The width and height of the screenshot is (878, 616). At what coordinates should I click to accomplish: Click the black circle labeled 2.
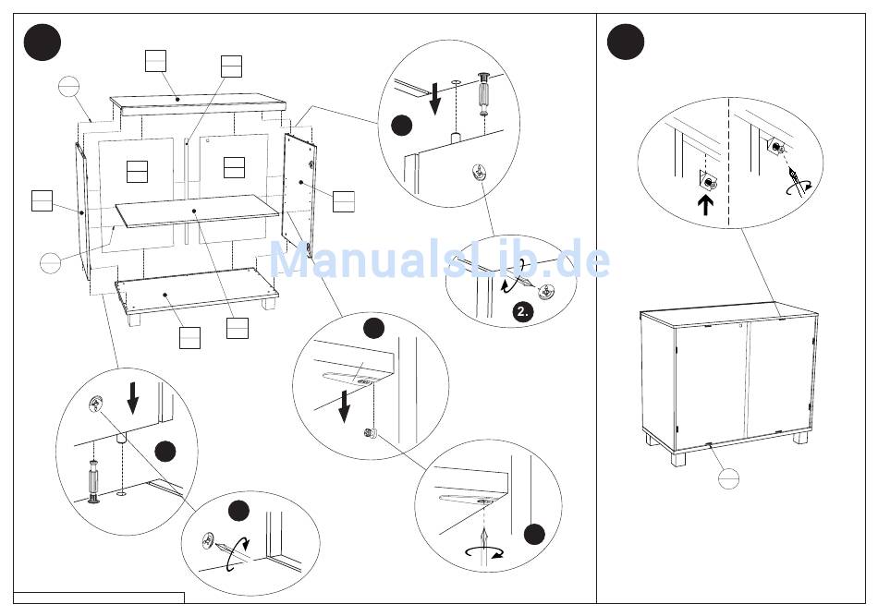click(x=522, y=311)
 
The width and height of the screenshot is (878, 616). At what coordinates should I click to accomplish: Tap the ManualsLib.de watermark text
click(x=440, y=260)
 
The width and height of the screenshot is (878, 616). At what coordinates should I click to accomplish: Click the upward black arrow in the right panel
click(x=705, y=204)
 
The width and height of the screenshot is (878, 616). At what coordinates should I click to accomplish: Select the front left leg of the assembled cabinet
click(x=677, y=458)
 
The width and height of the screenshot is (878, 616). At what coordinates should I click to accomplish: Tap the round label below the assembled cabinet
click(x=728, y=479)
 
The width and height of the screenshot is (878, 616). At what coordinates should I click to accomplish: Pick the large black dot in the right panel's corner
click(x=626, y=42)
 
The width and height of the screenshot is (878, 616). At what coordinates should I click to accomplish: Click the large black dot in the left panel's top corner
click(x=42, y=42)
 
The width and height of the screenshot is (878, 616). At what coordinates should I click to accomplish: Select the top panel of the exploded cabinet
click(x=198, y=104)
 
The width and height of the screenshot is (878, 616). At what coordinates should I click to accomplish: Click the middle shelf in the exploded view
click(x=197, y=211)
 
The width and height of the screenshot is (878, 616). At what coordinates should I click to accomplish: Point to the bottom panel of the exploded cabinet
click(x=196, y=290)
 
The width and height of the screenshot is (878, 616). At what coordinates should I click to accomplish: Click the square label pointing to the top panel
click(x=155, y=60)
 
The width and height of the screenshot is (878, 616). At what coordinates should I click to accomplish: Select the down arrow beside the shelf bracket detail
click(x=345, y=405)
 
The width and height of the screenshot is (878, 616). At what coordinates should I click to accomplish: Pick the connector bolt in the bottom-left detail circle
click(x=94, y=481)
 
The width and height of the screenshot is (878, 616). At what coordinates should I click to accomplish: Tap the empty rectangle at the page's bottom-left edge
click(x=99, y=598)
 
